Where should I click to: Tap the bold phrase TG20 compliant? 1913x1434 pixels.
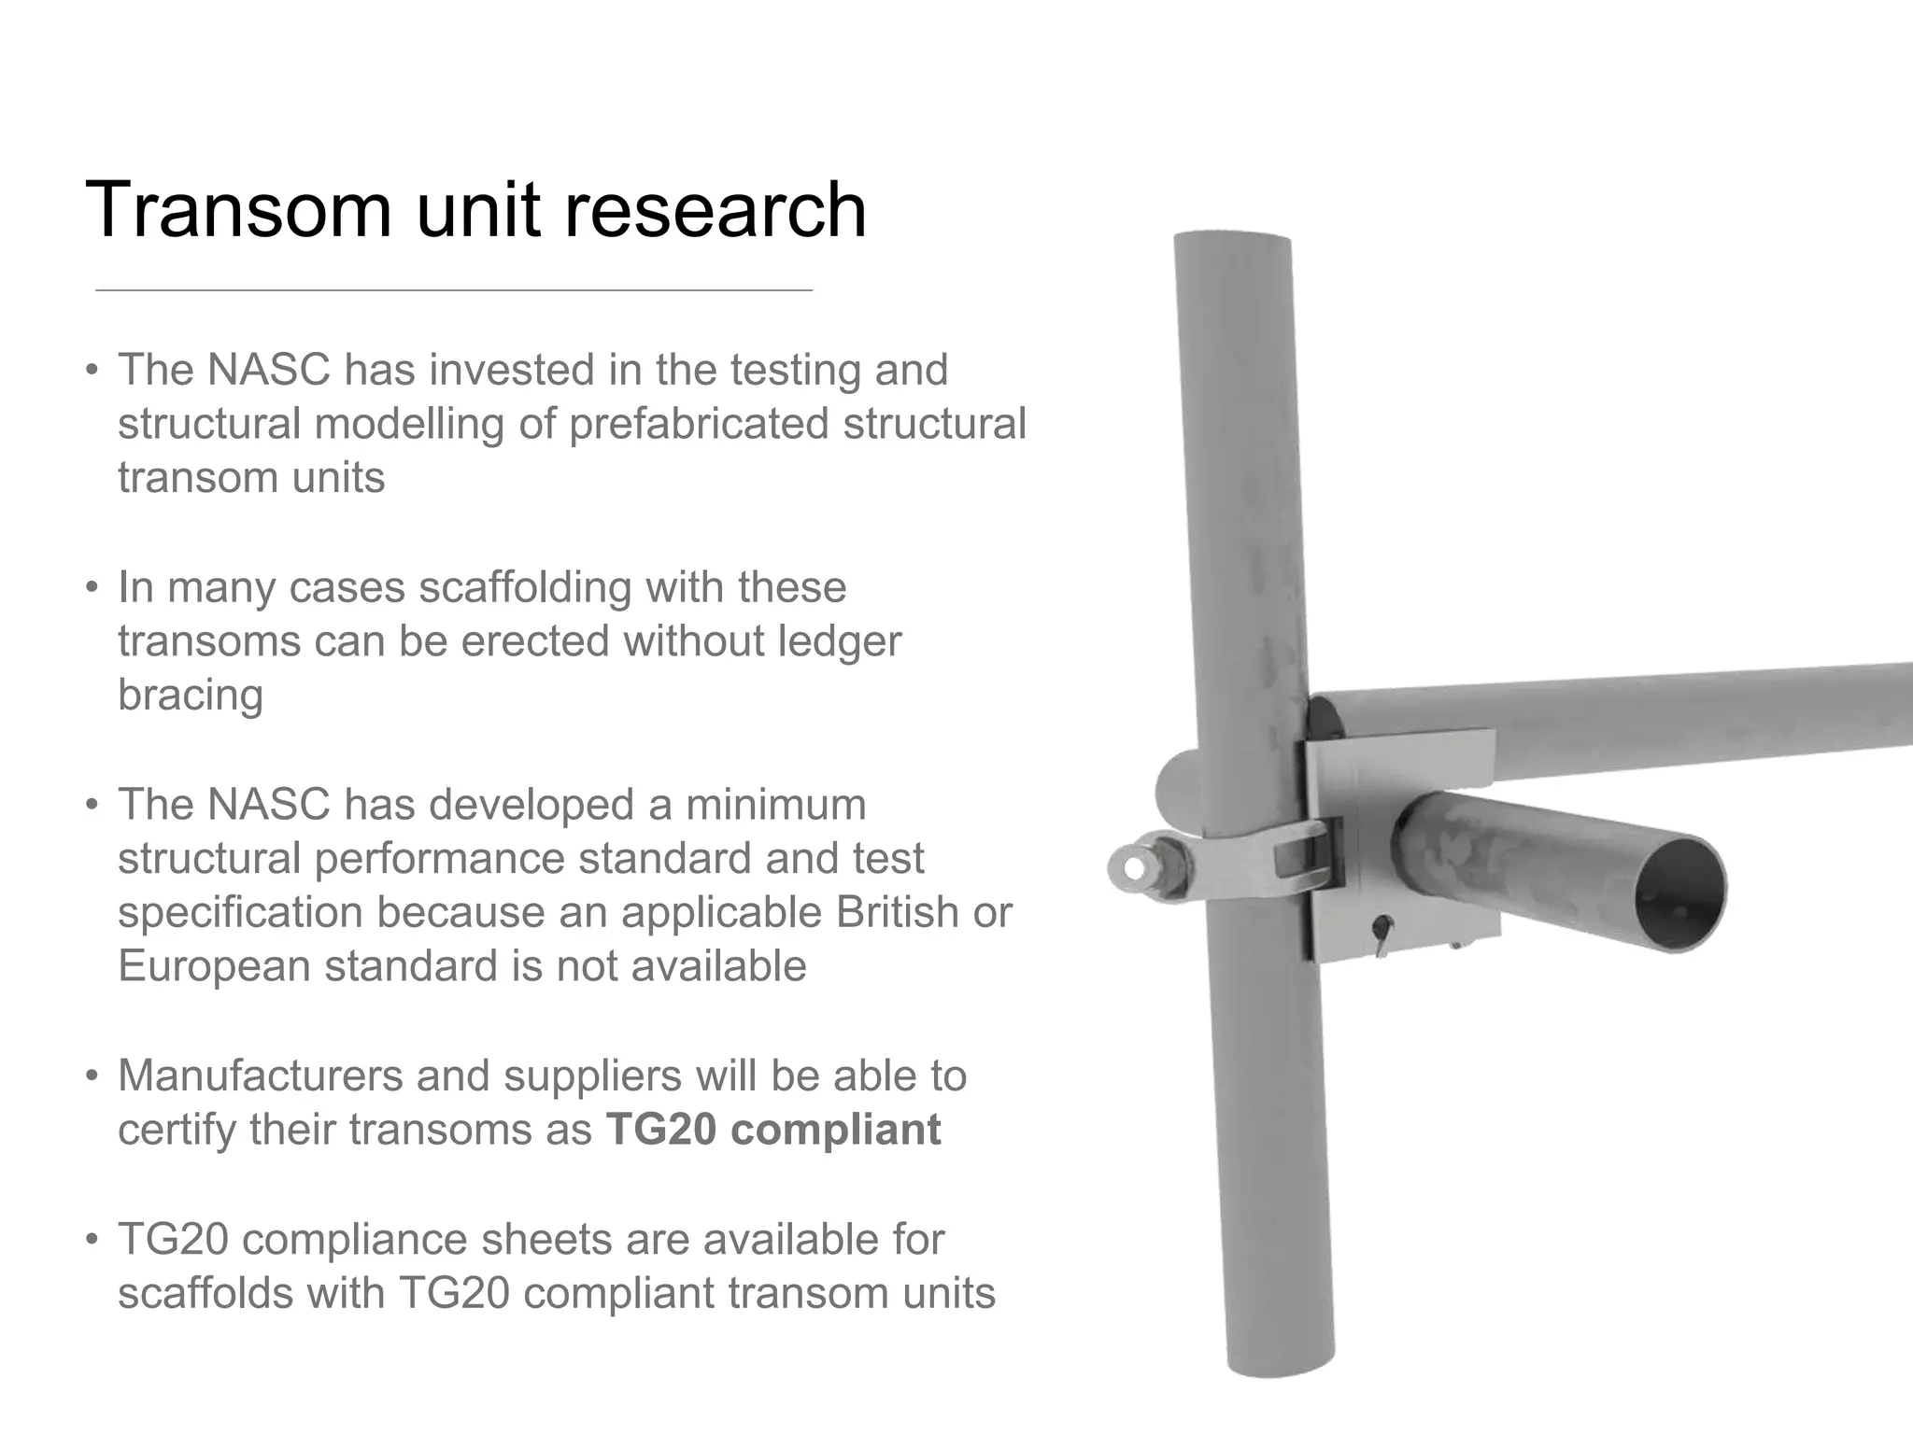(773, 1130)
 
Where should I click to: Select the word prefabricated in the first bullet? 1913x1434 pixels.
(699, 423)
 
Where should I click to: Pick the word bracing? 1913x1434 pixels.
(191, 696)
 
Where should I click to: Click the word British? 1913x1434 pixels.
(898, 912)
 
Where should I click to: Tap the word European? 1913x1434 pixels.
(214, 966)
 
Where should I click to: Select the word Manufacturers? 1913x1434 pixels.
(260, 1075)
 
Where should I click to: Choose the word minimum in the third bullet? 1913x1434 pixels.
(776, 805)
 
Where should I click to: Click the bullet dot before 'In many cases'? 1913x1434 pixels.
(92, 588)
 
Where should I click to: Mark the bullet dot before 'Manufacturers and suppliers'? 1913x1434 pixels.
(92, 1076)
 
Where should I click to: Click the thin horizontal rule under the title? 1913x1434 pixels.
(453, 290)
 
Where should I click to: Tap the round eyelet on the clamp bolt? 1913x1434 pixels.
(1133, 867)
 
